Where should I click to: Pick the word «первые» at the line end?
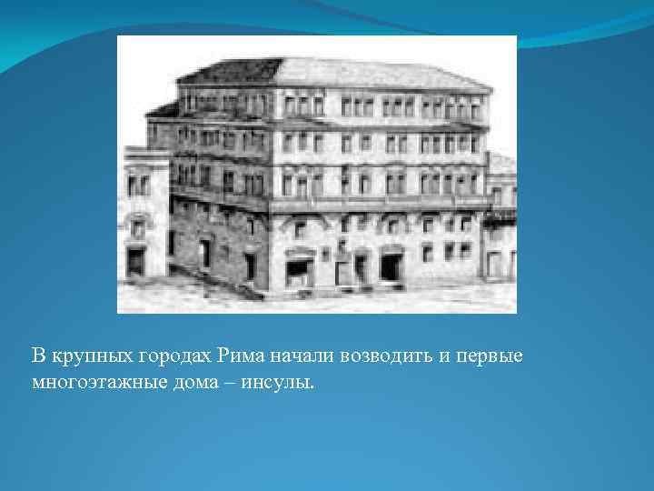tap(495, 354)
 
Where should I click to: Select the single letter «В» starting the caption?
tap(38, 354)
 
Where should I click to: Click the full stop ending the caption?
tap(312, 385)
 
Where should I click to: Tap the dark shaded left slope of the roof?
tap(228, 71)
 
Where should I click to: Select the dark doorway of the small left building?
tap(135, 262)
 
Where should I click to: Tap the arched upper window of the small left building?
tap(137, 227)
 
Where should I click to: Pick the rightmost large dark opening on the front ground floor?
tap(390, 266)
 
